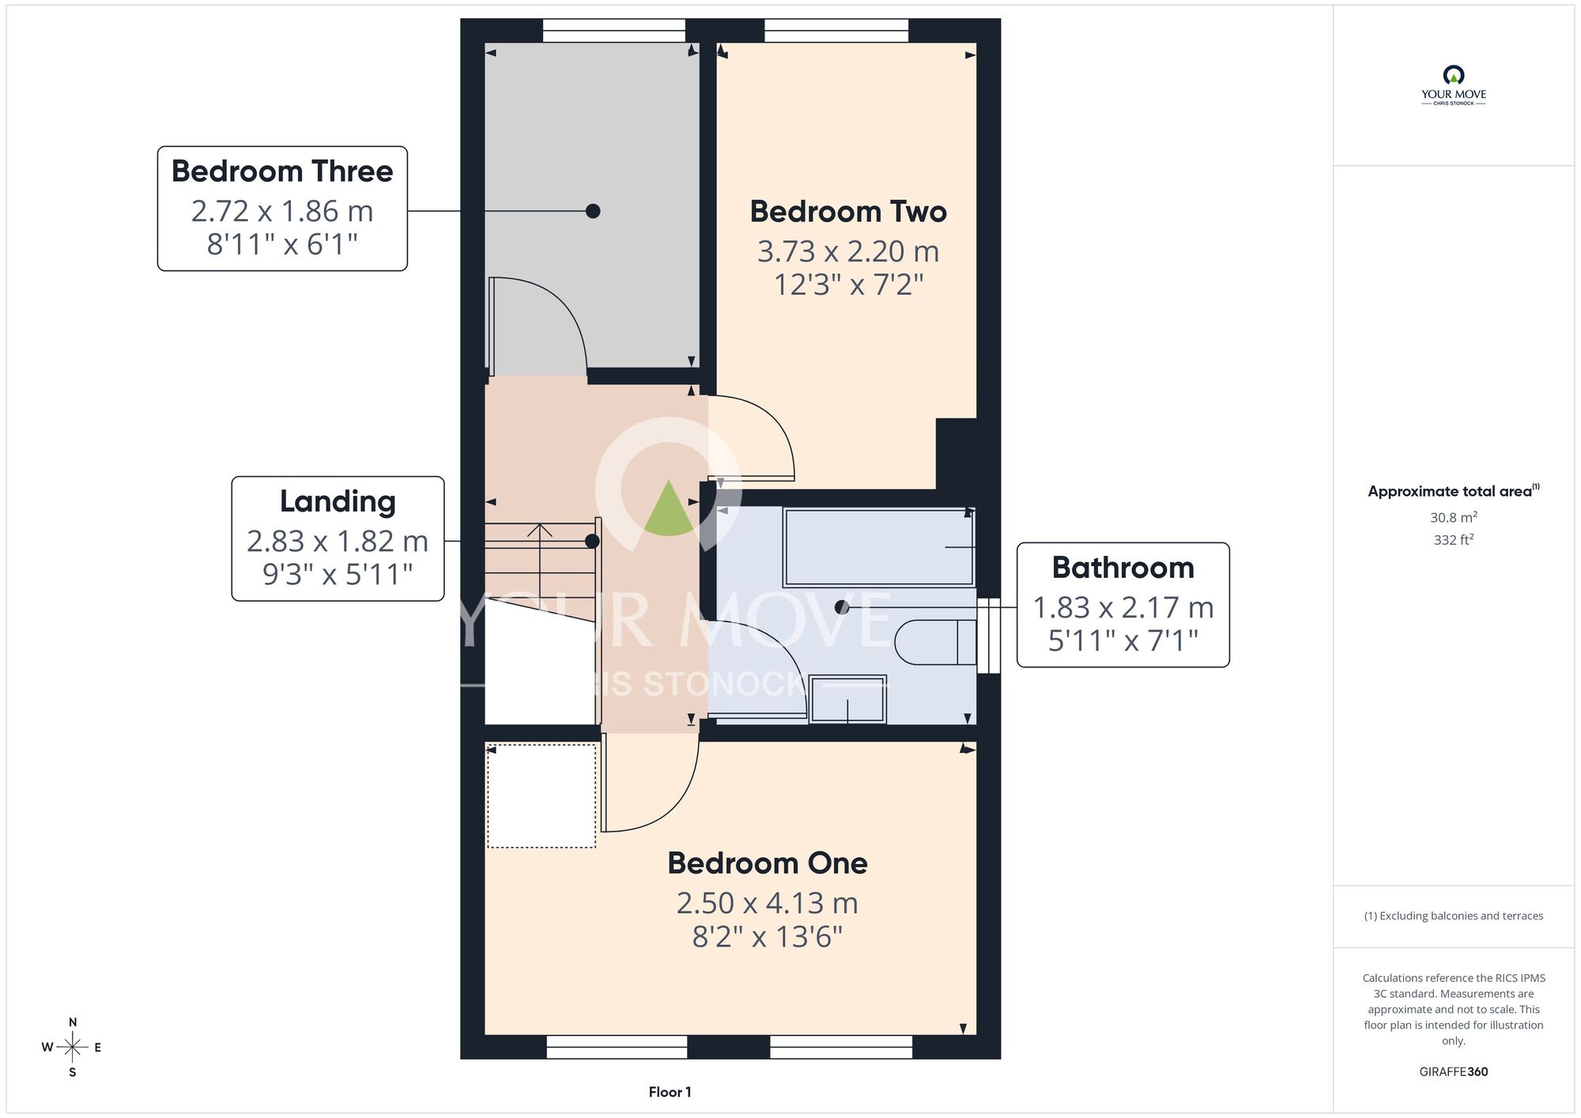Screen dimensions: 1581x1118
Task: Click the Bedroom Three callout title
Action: (x=282, y=172)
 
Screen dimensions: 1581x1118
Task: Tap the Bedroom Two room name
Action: (x=848, y=212)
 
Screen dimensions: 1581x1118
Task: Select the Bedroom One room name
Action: (x=768, y=863)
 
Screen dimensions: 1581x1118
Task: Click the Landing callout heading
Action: (x=338, y=502)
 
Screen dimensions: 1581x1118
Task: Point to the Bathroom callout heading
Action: (x=1123, y=568)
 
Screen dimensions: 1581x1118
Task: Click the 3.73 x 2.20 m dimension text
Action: (x=848, y=251)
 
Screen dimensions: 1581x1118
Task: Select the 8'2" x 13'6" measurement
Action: (x=768, y=937)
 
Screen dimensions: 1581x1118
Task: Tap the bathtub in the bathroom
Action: (x=878, y=547)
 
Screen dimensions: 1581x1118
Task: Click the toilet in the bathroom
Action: (x=936, y=642)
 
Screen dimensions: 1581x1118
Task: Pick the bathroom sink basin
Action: (x=847, y=699)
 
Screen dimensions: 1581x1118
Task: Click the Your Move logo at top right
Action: (x=1454, y=85)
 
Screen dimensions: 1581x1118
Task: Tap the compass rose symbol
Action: (x=72, y=1048)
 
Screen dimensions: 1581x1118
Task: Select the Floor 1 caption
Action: (x=670, y=1092)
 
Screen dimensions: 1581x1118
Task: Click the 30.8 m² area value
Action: (x=1454, y=517)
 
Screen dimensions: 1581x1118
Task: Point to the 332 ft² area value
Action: (x=1454, y=539)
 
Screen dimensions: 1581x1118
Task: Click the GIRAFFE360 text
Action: (x=1454, y=1072)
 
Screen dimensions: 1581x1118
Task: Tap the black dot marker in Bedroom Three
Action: (x=593, y=211)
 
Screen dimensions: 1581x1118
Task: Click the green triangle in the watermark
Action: (x=669, y=508)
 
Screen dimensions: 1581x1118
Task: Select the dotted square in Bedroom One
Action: (x=541, y=795)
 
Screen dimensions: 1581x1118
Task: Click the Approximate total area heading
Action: (x=1454, y=491)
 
